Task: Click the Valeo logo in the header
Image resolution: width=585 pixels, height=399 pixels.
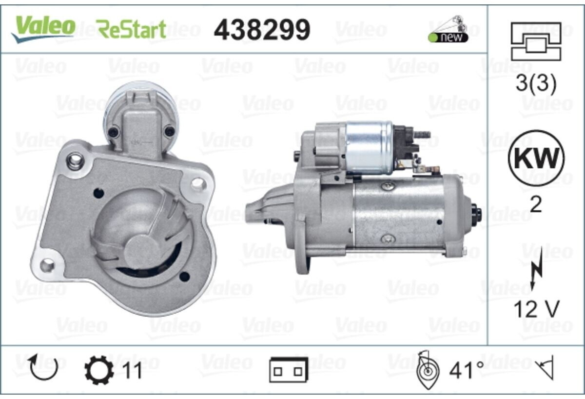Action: [x=43, y=29]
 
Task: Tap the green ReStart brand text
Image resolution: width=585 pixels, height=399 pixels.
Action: [x=131, y=29]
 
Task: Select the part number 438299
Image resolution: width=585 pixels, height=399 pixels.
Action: [x=262, y=30]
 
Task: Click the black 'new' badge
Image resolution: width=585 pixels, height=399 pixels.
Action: [x=448, y=38]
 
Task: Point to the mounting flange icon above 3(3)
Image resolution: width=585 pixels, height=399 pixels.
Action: [x=536, y=41]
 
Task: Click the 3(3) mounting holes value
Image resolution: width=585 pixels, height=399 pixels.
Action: [x=536, y=83]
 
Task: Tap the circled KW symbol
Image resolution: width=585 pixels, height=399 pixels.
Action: [x=536, y=158]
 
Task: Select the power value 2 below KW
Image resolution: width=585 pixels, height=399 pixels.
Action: [x=536, y=204]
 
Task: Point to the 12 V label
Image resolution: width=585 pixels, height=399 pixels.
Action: [x=536, y=309]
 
